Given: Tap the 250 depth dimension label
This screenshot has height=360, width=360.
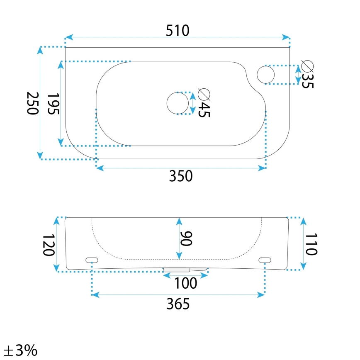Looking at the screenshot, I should point(32,104).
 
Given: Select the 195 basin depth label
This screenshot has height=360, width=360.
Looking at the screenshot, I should point(54,104).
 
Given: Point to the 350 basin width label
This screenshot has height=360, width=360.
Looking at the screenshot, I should point(181,176).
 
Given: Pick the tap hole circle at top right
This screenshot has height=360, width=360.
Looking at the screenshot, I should point(265,74).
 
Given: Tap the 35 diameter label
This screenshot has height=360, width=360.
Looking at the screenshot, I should point(307,80).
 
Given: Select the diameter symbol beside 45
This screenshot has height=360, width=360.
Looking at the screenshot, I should point(204,94).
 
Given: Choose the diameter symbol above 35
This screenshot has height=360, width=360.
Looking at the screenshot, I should point(307,66).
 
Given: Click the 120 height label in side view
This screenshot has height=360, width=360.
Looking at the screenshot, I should point(49,244).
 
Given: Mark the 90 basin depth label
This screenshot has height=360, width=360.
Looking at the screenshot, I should point(187,238).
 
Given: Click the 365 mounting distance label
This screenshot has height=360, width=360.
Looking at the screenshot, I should point(178,304).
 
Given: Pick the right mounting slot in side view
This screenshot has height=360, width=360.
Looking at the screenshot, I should point(264,260).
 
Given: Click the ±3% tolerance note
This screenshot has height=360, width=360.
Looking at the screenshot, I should point(20,350).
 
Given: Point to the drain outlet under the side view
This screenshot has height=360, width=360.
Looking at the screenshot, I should point(185,270).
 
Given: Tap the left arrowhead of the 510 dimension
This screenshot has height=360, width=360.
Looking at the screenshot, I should point(69,37).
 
